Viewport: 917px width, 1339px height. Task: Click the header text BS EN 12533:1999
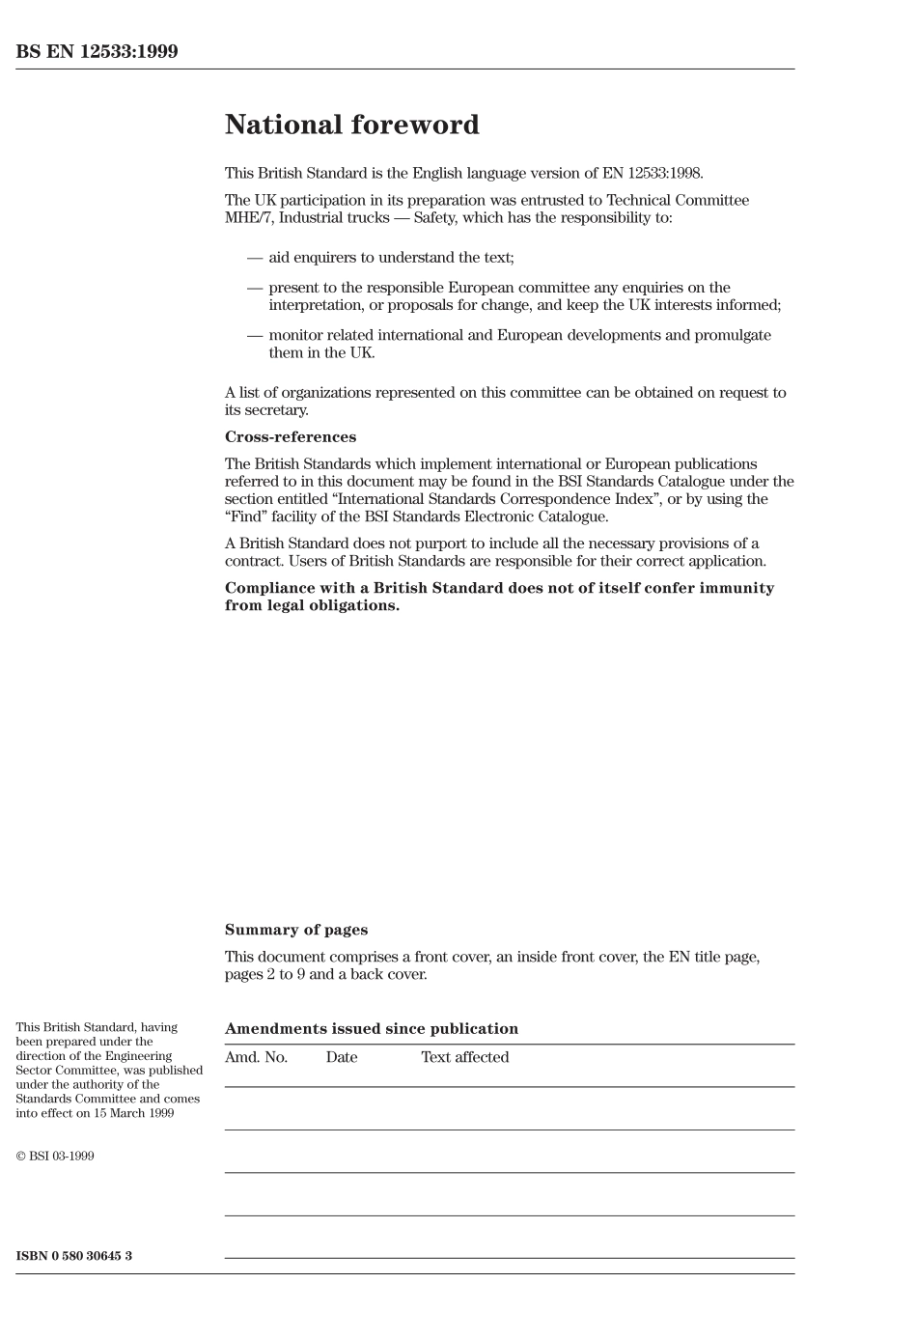tap(97, 52)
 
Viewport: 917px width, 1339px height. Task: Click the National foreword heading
tap(351, 126)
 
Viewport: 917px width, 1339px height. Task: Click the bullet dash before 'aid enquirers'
tap(255, 258)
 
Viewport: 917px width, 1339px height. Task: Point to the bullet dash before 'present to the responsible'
tap(255, 288)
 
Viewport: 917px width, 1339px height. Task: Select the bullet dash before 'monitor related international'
tap(255, 335)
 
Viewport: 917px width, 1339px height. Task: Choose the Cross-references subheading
tap(290, 437)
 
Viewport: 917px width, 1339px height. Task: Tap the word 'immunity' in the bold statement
tap(740, 588)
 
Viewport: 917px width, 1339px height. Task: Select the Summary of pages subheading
tap(295, 930)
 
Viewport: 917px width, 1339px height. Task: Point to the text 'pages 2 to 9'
tap(265, 974)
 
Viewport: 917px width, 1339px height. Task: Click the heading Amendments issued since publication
tap(371, 1029)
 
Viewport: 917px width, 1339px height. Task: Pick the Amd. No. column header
tap(256, 1057)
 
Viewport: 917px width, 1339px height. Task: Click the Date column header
tap(341, 1057)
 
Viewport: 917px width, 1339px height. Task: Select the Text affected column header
tap(464, 1057)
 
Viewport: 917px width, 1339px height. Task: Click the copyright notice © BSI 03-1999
tap(55, 1156)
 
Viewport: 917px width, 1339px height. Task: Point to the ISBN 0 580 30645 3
tap(74, 1256)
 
